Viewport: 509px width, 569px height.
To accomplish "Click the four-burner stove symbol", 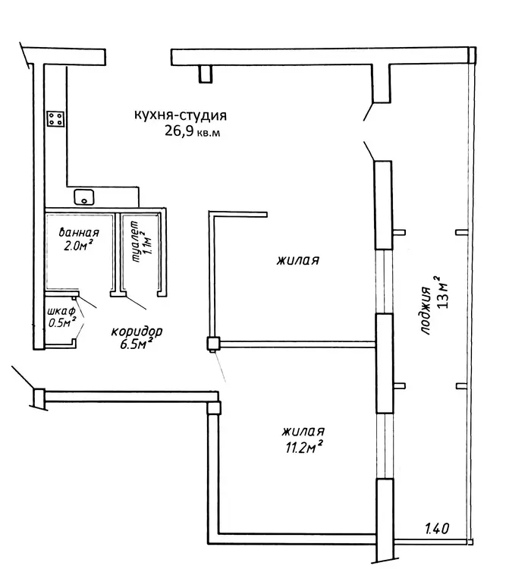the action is tap(56, 118).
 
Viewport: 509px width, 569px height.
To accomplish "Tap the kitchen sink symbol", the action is tap(84, 197).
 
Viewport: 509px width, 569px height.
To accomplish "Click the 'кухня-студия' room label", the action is tap(181, 115).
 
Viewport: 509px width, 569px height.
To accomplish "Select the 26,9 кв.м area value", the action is tap(192, 130).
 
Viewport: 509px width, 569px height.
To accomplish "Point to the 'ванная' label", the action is tap(79, 232).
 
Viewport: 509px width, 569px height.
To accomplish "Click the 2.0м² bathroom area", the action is tap(77, 245).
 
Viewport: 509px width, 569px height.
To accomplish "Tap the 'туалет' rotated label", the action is tap(136, 241).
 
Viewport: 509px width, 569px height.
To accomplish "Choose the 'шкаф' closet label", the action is tap(61, 311).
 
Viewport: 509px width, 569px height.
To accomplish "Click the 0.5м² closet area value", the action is tap(62, 322).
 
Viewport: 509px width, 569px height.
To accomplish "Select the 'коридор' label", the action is tap(137, 332).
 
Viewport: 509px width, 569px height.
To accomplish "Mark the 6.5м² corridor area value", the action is tap(135, 344).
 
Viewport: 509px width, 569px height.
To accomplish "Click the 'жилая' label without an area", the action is tap(298, 260).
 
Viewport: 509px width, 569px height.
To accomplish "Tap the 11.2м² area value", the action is tap(304, 447).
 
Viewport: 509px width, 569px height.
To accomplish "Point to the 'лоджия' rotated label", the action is tap(425, 310).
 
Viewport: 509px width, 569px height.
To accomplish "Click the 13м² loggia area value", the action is tap(443, 291).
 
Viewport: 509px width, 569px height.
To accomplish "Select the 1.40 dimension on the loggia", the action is tap(437, 528).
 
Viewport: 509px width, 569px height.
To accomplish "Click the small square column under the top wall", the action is tap(206, 74).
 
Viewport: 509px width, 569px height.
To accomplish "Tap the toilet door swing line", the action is tap(136, 302).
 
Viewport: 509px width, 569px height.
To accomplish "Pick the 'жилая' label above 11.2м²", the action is tap(303, 432).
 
